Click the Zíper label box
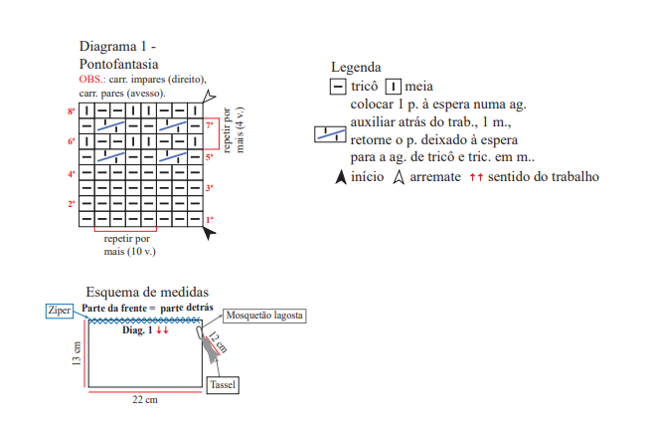pyautogui.click(x=60, y=311)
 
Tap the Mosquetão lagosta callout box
pyautogui.click(x=264, y=316)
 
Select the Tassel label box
pyautogui.click(x=223, y=385)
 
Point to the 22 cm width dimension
pyautogui.click(x=145, y=399)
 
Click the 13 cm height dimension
pyautogui.click(x=77, y=353)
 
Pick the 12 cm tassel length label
pyautogui.click(x=218, y=342)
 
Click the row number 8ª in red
pyautogui.click(x=72, y=111)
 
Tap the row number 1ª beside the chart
pyautogui.click(x=210, y=220)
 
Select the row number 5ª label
pyautogui.click(x=210, y=157)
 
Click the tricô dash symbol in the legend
pyautogui.click(x=338, y=87)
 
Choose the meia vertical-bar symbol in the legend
pyautogui.click(x=394, y=87)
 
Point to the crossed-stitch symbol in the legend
pyautogui.click(x=330, y=134)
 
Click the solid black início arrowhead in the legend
pyautogui.click(x=341, y=177)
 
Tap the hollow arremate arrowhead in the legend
pyautogui.click(x=399, y=177)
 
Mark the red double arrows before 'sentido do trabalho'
pyautogui.click(x=476, y=177)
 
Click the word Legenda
pyautogui.click(x=356, y=68)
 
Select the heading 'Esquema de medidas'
pyautogui.click(x=147, y=293)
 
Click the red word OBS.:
pyautogui.click(x=92, y=79)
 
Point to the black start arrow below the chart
pyautogui.click(x=209, y=233)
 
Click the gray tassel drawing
pyautogui.click(x=211, y=349)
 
